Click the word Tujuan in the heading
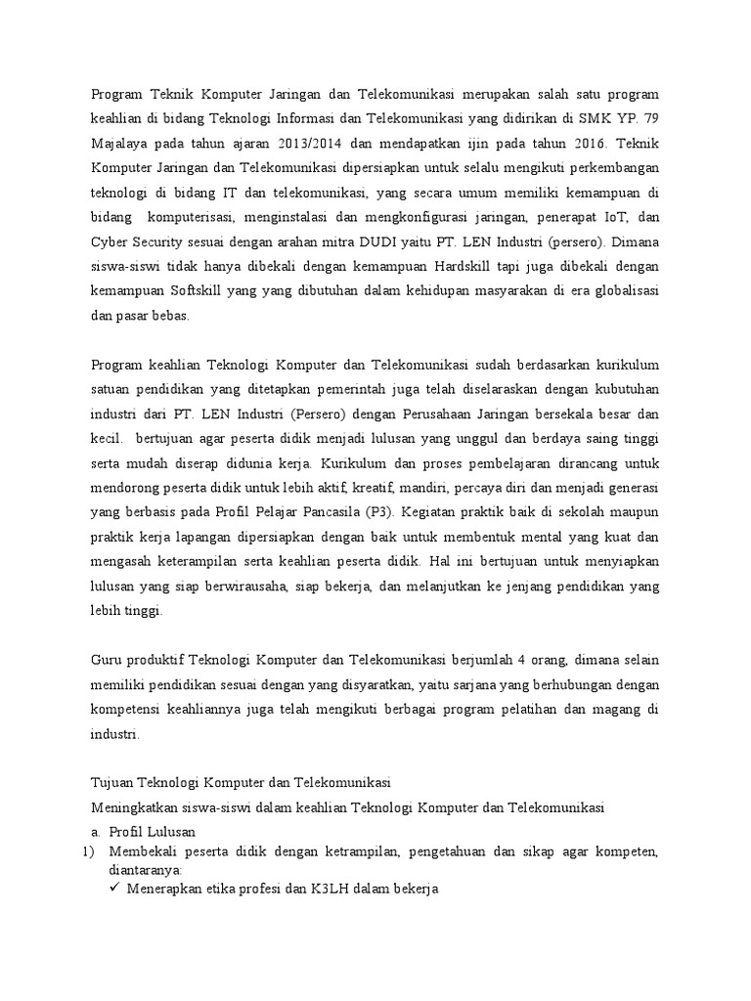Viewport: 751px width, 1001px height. pyautogui.click(x=113, y=783)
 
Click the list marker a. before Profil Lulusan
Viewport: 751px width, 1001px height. pyautogui.click(x=96, y=832)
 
